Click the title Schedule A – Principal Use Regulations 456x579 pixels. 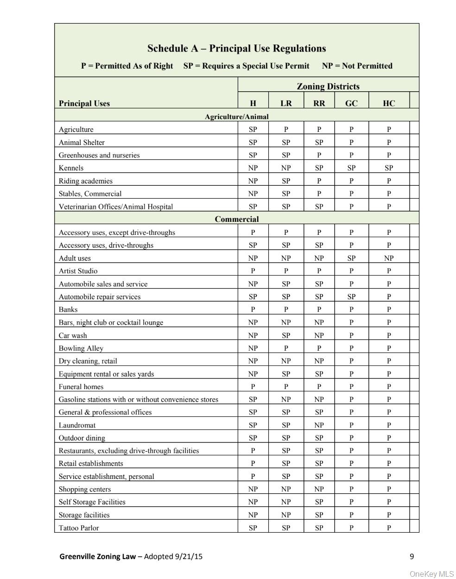click(x=236, y=49)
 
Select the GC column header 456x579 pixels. click(x=351, y=103)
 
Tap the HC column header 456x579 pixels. click(x=389, y=103)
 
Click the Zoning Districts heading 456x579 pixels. click(x=328, y=86)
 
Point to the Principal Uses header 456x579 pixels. click(x=84, y=103)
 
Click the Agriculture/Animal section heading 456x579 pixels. click(x=236, y=117)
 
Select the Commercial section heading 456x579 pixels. click(x=236, y=219)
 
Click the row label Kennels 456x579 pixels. click(x=71, y=168)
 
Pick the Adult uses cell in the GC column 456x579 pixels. click(x=351, y=258)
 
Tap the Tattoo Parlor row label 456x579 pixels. click(x=79, y=528)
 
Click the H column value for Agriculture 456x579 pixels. click(x=253, y=130)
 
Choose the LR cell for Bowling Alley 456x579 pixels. click(x=286, y=348)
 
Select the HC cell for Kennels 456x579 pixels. click(x=389, y=168)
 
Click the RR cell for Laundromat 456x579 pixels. click(x=319, y=425)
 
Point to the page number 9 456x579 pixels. click(x=412, y=557)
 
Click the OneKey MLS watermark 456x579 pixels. click(x=432, y=574)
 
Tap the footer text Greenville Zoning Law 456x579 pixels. click(x=97, y=557)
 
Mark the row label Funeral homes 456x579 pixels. click(x=81, y=387)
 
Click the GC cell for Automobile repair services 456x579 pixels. click(x=351, y=296)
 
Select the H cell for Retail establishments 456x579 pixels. click(x=253, y=463)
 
